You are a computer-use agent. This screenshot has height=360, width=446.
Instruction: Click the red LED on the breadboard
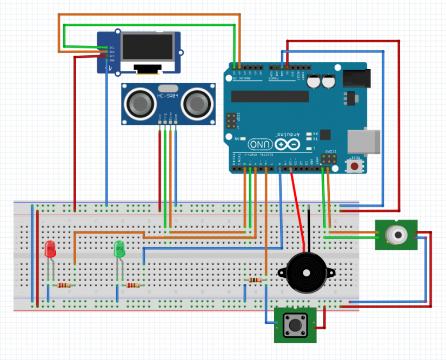[50, 249]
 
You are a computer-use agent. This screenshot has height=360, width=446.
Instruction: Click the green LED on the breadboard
[119, 249]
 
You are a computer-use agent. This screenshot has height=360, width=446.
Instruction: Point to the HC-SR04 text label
[168, 96]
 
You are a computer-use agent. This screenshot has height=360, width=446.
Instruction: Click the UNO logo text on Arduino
[261, 145]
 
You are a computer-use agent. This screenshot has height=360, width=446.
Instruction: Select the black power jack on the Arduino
[356, 79]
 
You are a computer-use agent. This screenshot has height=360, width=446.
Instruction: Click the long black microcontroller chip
[270, 96]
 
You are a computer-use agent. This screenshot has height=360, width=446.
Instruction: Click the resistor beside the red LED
[65, 285]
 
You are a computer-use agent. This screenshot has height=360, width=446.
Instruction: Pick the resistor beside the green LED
[133, 285]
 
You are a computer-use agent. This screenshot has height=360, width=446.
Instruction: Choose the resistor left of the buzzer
[255, 280]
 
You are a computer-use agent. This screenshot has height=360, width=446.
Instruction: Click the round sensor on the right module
[396, 234]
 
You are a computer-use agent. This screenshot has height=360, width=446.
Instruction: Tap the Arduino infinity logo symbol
[287, 145]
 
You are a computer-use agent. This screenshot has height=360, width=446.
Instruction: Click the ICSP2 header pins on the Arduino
[327, 159]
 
